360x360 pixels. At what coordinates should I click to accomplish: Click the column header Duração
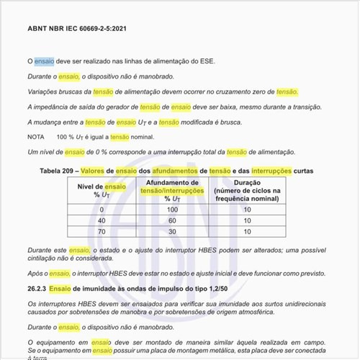247,184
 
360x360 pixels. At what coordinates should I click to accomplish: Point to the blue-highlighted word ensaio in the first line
44,62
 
